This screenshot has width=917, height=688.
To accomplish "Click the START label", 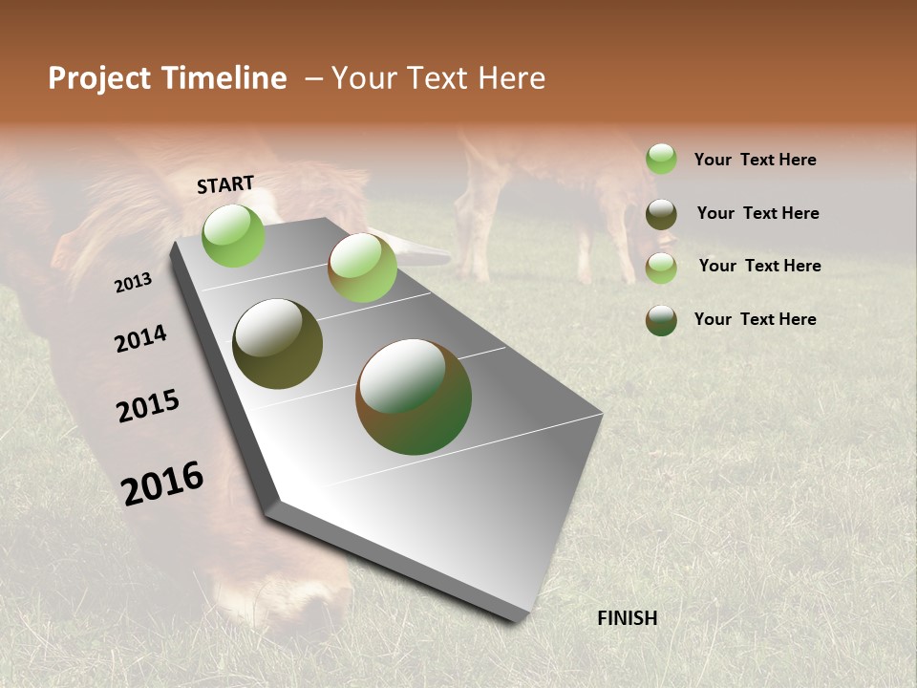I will (225, 184).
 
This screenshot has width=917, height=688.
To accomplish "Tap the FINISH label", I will (627, 618).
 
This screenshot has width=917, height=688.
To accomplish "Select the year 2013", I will (133, 283).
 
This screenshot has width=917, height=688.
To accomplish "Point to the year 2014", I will (140, 339).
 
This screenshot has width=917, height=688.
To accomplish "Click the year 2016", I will (162, 484).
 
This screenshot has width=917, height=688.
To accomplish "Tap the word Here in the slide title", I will (512, 78).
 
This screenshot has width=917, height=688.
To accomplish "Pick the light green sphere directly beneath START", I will (233, 235).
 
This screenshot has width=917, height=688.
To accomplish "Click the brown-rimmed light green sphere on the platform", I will (362, 268).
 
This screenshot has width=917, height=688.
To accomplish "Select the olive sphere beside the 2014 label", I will (277, 344).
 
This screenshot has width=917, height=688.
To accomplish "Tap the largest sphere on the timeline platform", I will (413, 397).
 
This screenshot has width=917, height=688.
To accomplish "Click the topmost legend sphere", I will (661, 159).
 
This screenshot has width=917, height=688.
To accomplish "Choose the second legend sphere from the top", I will (661, 214).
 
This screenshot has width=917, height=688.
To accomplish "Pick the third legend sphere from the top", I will (661, 268).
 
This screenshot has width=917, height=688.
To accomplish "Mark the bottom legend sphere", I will (661, 320).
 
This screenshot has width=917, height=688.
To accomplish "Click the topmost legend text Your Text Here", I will (755, 161).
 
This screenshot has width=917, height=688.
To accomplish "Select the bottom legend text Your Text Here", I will (755, 319).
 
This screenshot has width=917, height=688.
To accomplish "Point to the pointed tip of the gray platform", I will (272, 505).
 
